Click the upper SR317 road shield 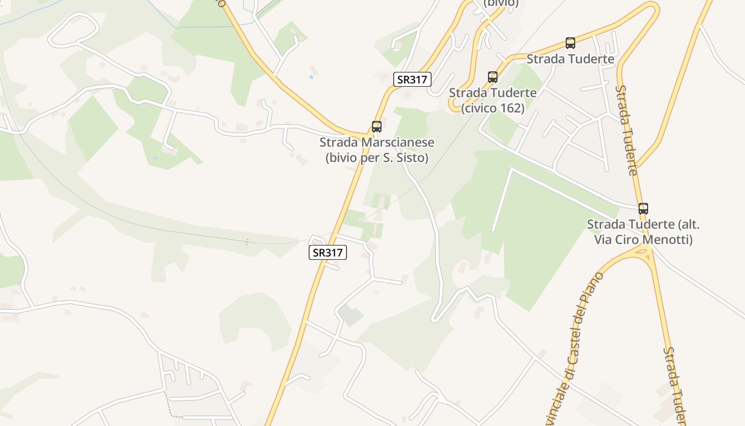[x=412, y=79]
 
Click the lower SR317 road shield [x=328, y=252]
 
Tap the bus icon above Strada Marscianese [x=377, y=127]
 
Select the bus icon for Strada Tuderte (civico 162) [x=493, y=77]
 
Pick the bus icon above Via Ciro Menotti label [x=643, y=208]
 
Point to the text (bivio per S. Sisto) [x=377, y=158]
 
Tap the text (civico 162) [x=493, y=108]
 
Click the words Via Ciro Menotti [x=643, y=240]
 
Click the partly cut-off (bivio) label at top [x=501, y=3]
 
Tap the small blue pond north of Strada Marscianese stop [x=311, y=77]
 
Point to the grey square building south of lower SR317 [x=351, y=315]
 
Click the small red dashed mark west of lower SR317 [x=247, y=242]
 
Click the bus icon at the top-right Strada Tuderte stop [x=570, y=43]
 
